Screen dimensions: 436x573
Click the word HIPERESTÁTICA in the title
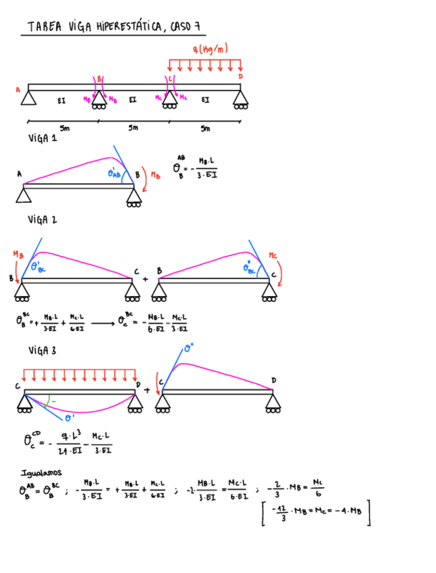click(128, 27)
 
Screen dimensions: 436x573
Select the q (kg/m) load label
click(209, 49)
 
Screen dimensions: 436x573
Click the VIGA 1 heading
click(43, 139)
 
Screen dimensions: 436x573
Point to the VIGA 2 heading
click(43, 220)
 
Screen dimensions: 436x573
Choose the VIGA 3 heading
click(43, 351)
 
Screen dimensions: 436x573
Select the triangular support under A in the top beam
click(28, 99)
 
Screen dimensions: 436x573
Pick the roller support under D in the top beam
click(241, 100)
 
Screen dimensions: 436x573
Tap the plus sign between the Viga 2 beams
click(146, 278)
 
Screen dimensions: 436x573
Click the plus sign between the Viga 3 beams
click(147, 390)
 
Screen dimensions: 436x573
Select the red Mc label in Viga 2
click(273, 255)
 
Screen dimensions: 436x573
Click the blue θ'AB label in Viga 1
click(115, 174)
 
